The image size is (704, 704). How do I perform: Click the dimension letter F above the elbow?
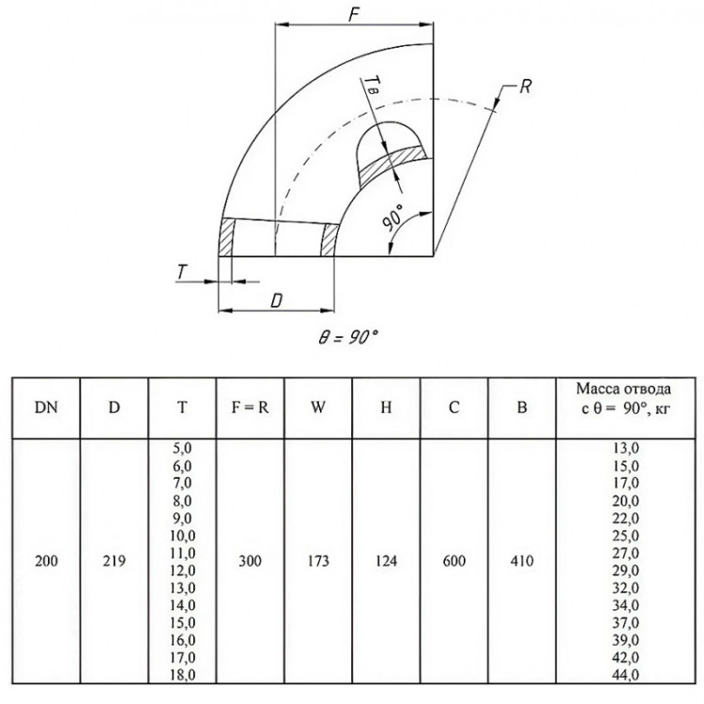coord(355,15)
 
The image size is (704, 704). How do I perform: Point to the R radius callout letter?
coord(526,86)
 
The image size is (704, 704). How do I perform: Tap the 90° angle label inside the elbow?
coord(393,218)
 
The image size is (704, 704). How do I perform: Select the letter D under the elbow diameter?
coord(277,300)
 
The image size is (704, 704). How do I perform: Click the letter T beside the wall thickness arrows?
coord(181,271)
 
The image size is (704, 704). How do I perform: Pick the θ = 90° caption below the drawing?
coord(347,337)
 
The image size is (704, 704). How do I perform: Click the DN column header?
coord(46,407)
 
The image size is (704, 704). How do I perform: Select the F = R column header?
coord(250,407)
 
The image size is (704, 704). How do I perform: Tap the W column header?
coord(318,407)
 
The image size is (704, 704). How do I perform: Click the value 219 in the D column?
coord(114,560)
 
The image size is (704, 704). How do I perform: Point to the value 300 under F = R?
coord(250,560)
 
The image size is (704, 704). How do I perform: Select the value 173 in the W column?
coord(318,560)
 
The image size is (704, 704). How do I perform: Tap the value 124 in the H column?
coord(386,560)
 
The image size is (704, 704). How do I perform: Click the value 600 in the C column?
coord(454,560)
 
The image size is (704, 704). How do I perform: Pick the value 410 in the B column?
coord(522,560)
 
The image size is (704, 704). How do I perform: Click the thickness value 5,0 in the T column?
coord(182,448)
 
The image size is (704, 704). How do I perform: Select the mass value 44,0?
coord(625,674)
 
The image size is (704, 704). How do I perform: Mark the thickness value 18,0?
coord(182,674)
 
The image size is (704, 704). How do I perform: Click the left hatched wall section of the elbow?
coord(227,237)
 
